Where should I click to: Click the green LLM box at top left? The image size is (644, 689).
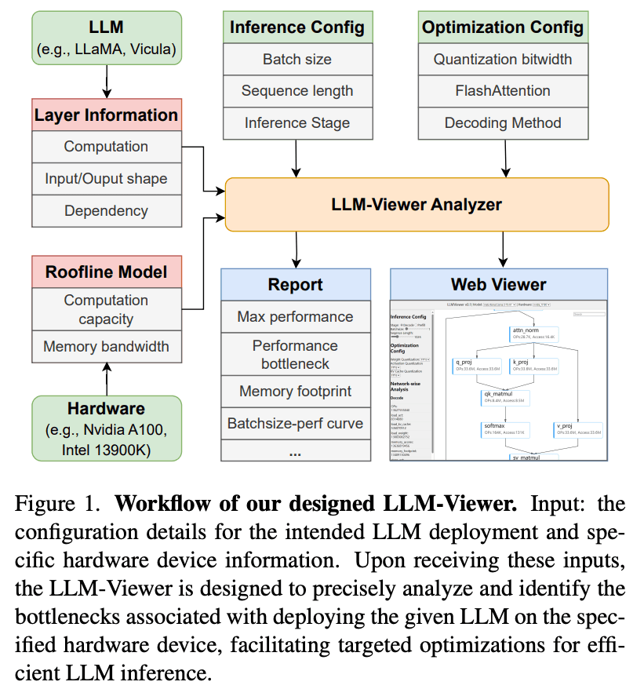(x=107, y=38)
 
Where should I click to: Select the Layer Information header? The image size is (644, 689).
(x=107, y=115)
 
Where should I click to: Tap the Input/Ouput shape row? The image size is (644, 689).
(x=107, y=179)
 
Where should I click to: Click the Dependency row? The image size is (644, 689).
(x=107, y=211)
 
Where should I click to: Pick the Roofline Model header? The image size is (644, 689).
(x=107, y=272)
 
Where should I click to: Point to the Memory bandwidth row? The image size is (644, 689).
(x=107, y=346)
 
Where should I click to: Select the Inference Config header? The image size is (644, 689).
(x=297, y=28)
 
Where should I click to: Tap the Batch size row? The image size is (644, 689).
(x=297, y=60)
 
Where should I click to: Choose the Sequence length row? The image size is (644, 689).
(x=297, y=91)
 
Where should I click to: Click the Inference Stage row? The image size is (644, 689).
(x=297, y=123)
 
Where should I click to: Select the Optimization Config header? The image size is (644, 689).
(x=503, y=28)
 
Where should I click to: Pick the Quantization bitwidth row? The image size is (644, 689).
(x=503, y=60)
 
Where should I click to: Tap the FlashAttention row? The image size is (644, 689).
(x=503, y=91)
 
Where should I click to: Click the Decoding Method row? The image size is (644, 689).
(x=503, y=123)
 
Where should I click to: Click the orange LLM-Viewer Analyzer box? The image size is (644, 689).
(x=417, y=205)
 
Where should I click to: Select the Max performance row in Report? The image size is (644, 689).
(x=295, y=317)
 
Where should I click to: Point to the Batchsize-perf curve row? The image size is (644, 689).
(x=295, y=424)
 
